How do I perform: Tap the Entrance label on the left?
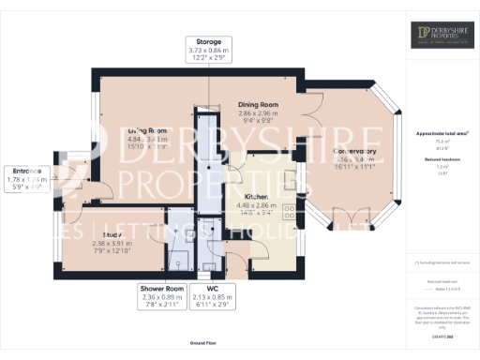pyautogui.click(x=25, y=170)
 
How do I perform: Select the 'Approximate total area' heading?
pyautogui.click(x=442, y=134)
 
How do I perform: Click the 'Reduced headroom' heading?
pyautogui.click(x=442, y=160)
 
